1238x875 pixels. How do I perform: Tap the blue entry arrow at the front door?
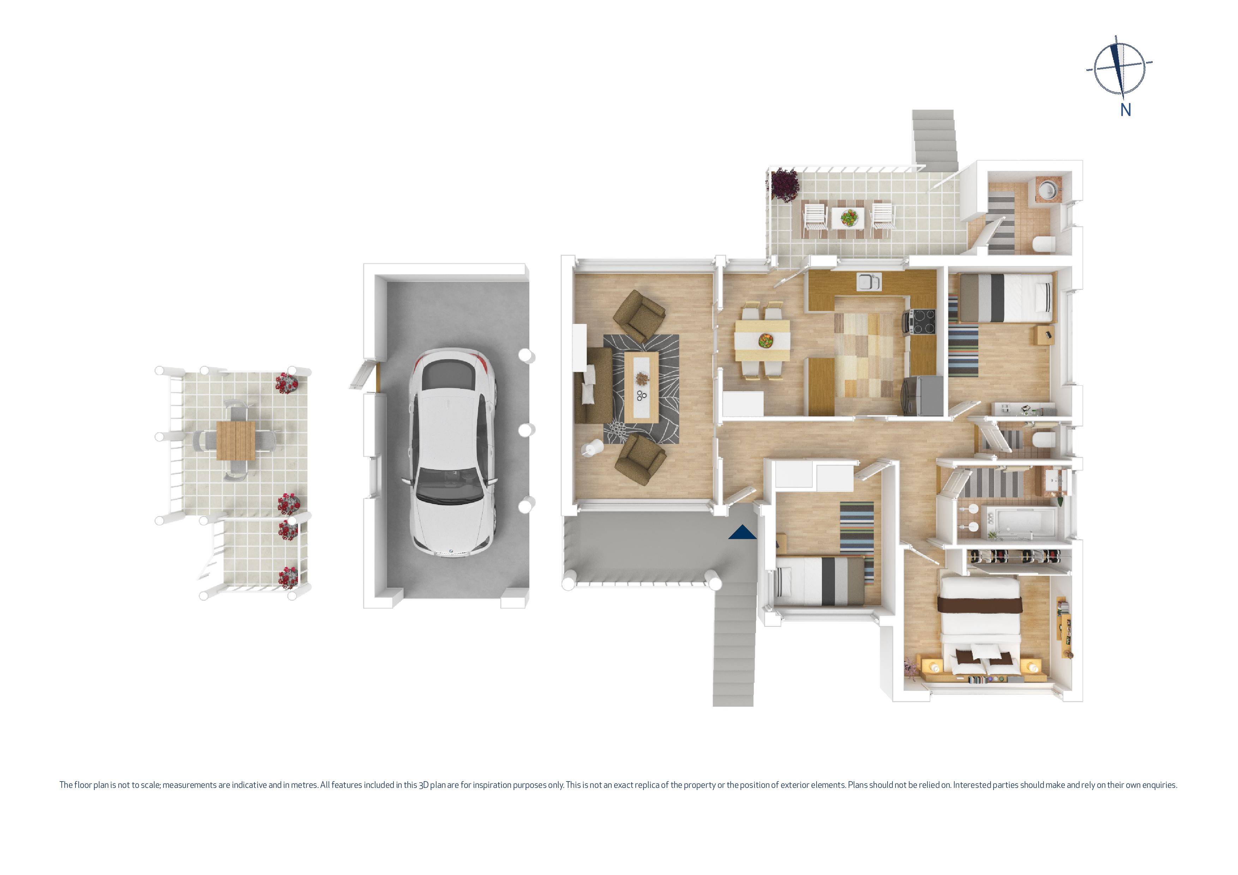click(x=743, y=533)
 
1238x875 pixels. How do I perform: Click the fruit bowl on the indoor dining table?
click(x=765, y=340)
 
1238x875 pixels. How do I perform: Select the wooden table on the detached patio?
click(x=236, y=440)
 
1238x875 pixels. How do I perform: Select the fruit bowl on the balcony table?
click(x=846, y=217)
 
